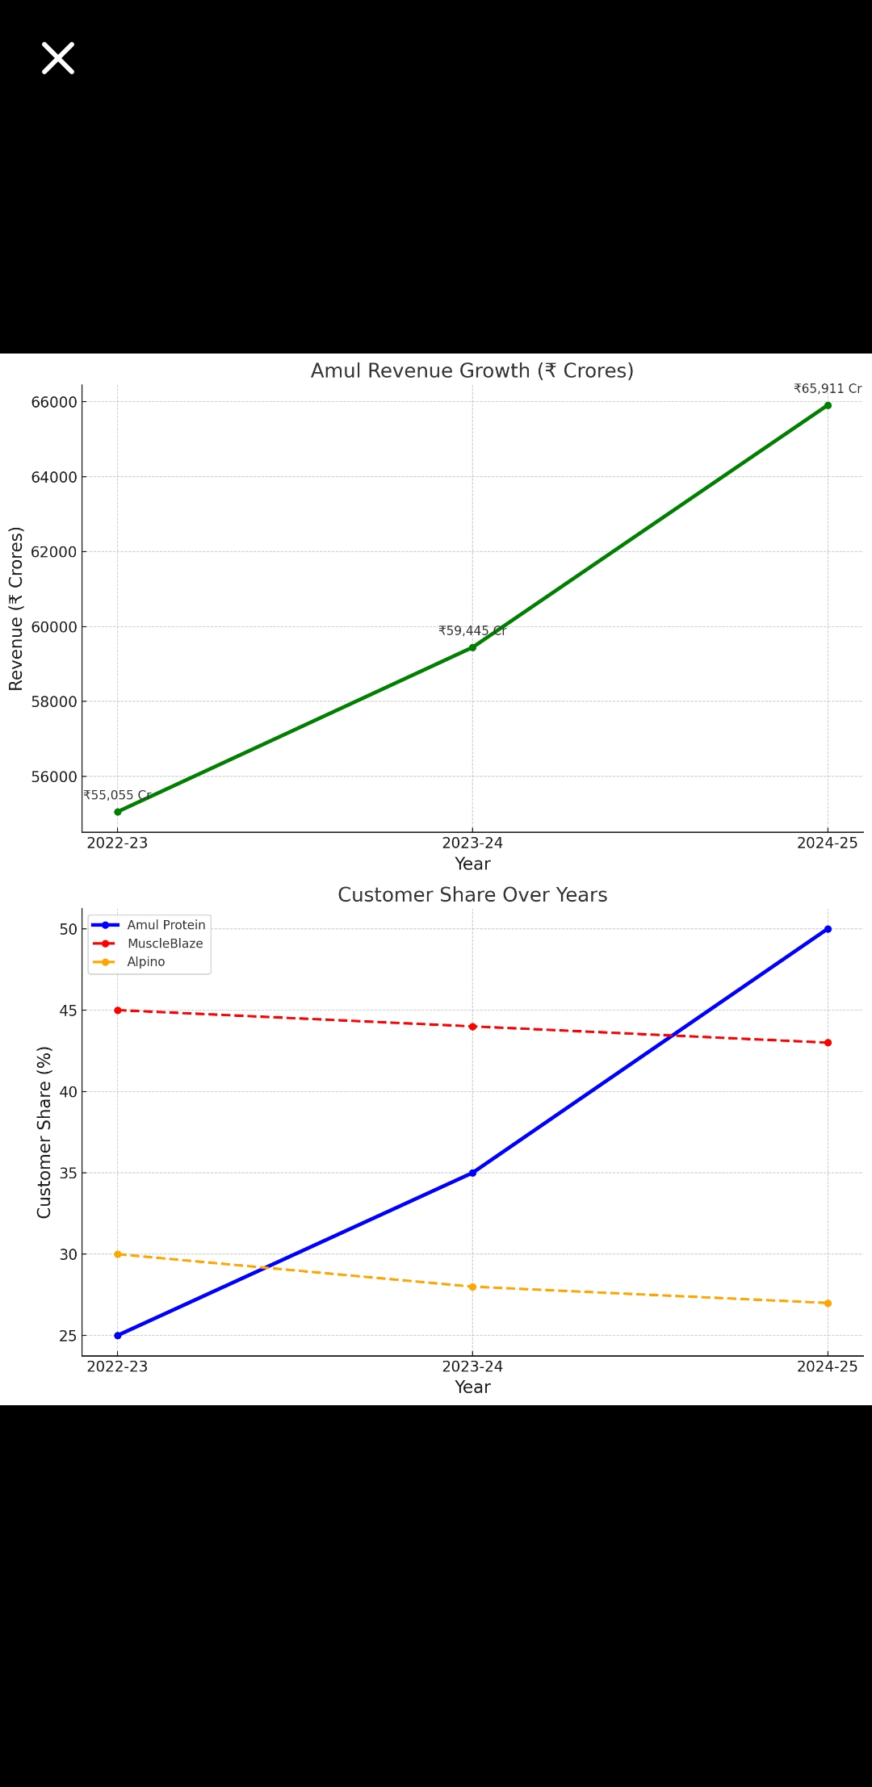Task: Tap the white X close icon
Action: [58, 58]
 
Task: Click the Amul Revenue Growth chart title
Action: [472, 371]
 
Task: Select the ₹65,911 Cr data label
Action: [828, 389]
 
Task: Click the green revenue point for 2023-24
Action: [472, 647]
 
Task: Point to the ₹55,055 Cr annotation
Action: [117, 796]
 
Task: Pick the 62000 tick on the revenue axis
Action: [54, 552]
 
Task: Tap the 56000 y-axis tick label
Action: [54, 776]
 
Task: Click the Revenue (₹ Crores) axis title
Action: [16, 609]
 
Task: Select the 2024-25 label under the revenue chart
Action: [828, 843]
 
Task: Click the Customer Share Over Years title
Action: [472, 895]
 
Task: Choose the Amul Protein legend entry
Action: [166, 925]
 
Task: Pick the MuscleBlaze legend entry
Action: [165, 944]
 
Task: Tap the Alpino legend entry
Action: [146, 962]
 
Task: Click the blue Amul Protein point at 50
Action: [828, 929]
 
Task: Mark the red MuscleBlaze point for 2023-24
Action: [472, 1027]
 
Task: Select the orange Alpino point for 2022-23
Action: [117, 1254]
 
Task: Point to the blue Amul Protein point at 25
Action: [117, 1336]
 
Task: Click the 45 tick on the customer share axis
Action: [68, 1011]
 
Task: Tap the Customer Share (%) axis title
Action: [44, 1132]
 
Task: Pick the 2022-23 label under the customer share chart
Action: [117, 1366]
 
